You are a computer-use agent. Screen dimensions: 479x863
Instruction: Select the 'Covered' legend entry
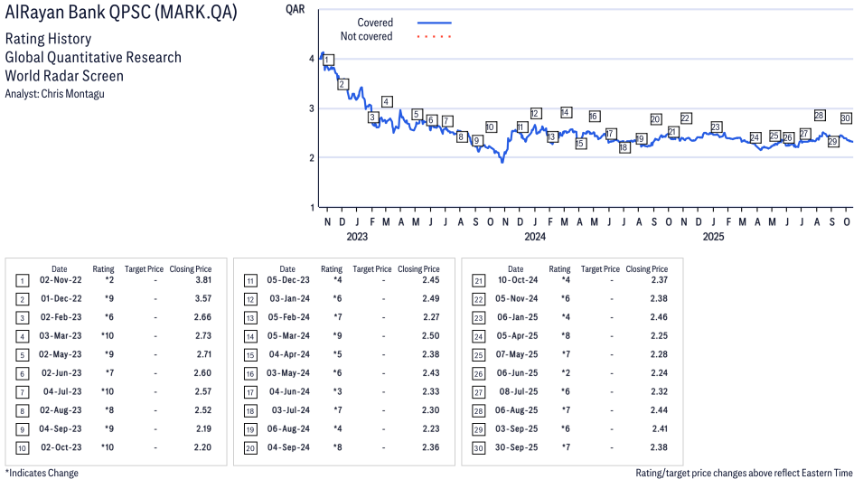point(375,23)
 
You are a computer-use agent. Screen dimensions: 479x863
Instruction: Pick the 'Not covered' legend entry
point(366,36)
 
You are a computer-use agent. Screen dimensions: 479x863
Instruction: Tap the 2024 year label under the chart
point(535,238)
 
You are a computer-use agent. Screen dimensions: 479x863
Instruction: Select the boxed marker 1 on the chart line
point(327,61)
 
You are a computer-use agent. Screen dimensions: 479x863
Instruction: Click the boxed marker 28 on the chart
point(820,116)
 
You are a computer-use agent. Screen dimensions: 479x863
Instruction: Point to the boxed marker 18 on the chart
point(624,147)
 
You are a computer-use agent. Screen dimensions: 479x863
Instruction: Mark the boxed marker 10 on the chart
point(490,127)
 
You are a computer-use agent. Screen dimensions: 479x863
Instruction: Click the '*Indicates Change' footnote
point(42,473)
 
